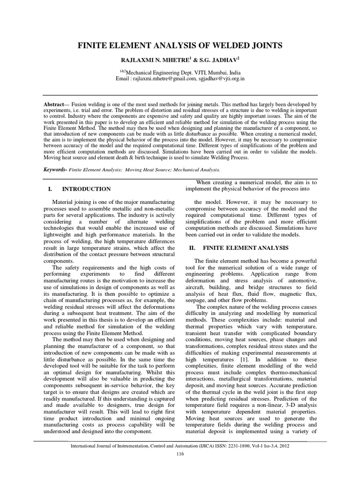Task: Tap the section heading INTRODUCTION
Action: pos(87,189)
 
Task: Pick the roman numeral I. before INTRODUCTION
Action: pos(50,189)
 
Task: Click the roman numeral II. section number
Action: pos(192,247)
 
